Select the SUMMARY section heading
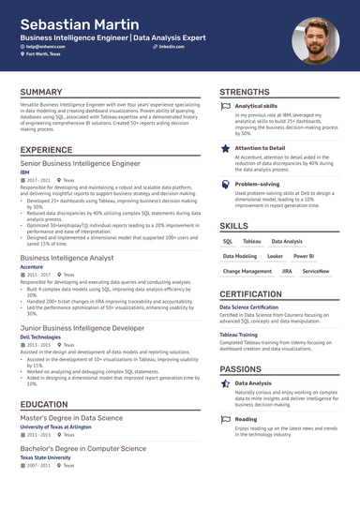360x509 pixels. point(41,93)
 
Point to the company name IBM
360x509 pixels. point(25,172)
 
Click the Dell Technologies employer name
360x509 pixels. point(42,336)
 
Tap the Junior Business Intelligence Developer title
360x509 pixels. point(82,326)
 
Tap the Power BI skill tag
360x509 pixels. point(303,256)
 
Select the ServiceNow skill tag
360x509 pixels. point(316,271)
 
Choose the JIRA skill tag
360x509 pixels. point(287,271)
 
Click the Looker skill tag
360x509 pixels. point(275,256)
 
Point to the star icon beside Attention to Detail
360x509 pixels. point(225,148)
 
